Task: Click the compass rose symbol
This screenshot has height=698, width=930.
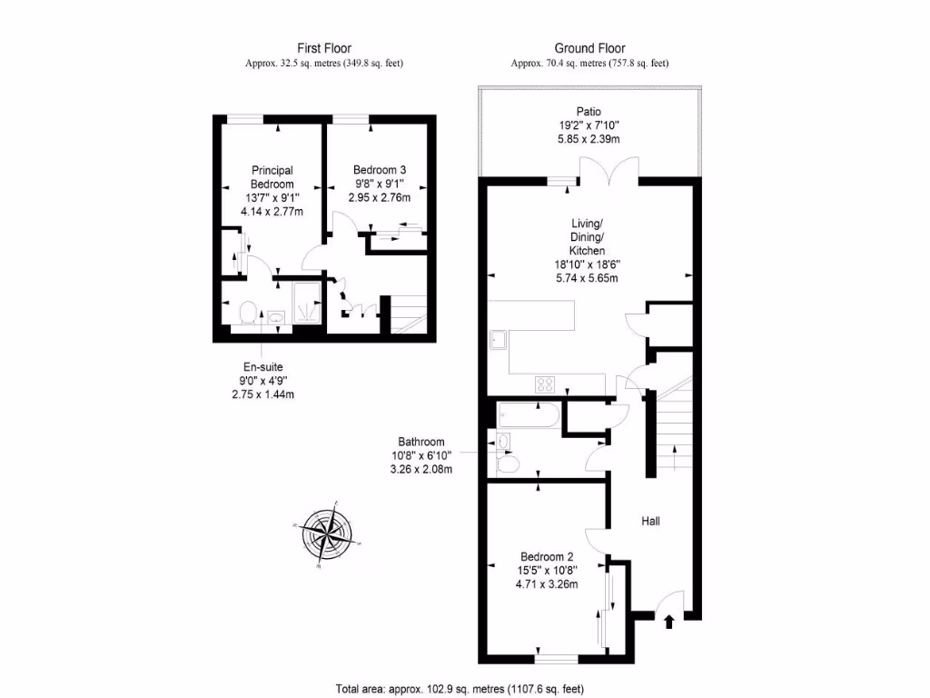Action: [x=325, y=534]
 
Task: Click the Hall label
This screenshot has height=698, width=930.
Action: [x=650, y=522]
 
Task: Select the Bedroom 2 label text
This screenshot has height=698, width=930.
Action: [x=546, y=557]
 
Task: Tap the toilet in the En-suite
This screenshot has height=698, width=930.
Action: [x=246, y=314]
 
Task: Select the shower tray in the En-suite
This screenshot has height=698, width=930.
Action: [x=308, y=303]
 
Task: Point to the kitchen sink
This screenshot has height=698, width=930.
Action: [x=498, y=340]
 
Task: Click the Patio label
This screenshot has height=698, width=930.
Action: [x=589, y=112]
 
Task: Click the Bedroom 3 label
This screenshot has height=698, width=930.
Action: [x=380, y=170]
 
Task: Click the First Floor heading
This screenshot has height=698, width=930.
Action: [x=324, y=48]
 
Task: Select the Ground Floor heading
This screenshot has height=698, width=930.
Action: [x=589, y=48]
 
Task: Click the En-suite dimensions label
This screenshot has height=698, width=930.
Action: [x=263, y=381]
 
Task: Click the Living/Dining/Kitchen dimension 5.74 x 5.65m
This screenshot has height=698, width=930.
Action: [x=587, y=278]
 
